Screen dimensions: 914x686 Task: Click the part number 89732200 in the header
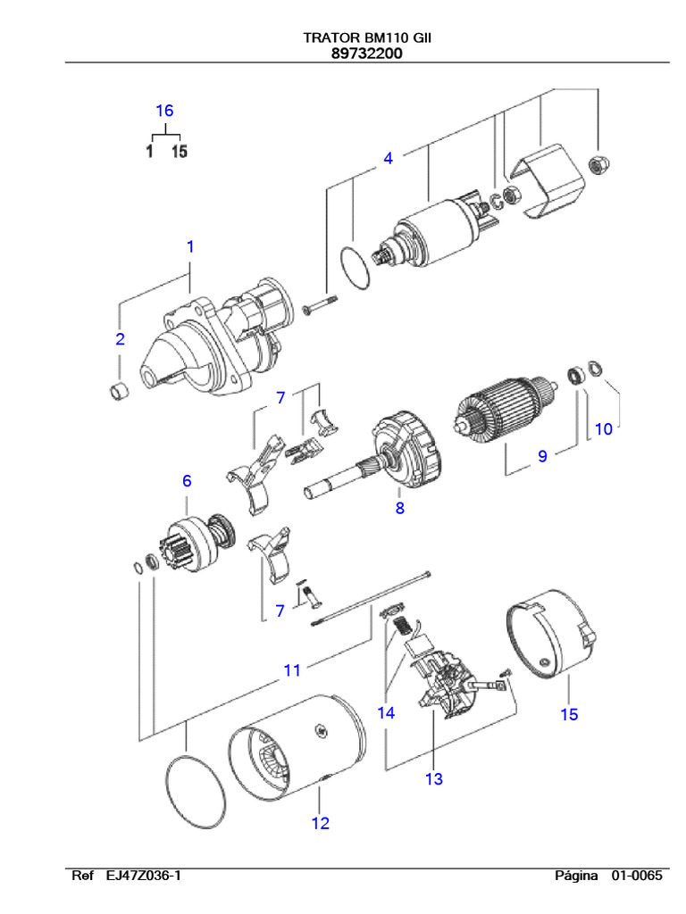(x=366, y=54)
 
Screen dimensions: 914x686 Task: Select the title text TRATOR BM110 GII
(x=366, y=38)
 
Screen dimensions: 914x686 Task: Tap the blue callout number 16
(x=164, y=111)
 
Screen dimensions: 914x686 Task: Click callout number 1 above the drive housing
(x=189, y=246)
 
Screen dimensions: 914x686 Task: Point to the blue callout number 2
(x=120, y=339)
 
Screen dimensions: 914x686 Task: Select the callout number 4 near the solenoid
(x=388, y=159)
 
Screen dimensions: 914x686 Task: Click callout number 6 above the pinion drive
(x=187, y=481)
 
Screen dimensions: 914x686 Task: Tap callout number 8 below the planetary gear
(x=400, y=509)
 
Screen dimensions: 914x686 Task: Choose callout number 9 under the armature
(x=541, y=456)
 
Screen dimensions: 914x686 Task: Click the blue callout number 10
(x=604, y=428)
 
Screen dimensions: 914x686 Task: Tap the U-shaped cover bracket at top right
(x=541, y=182)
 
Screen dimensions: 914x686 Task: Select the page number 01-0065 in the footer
(x=637, y=876)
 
